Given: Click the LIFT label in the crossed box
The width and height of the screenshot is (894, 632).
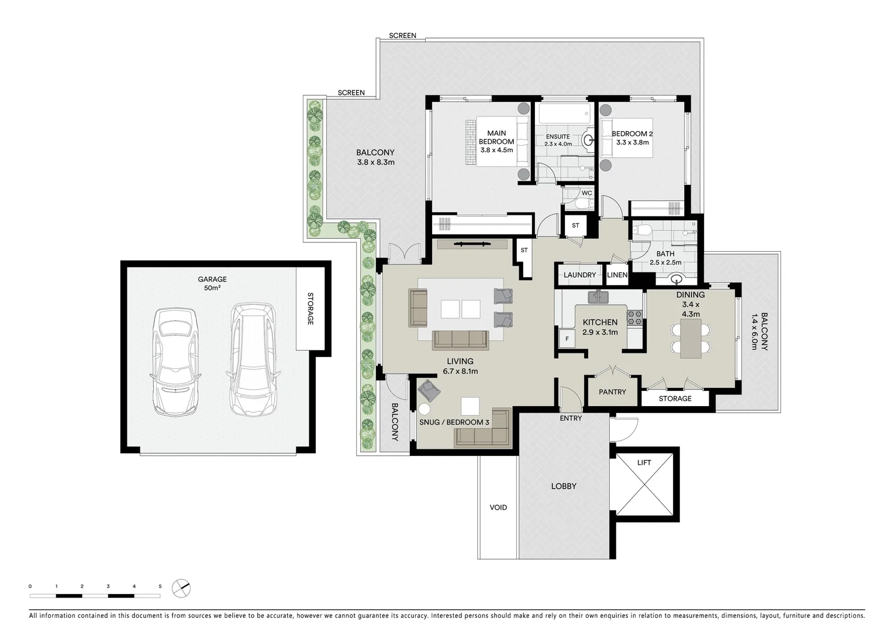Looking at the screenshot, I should point(644,462).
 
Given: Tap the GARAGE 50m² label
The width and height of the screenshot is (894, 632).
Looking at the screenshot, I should point(212,283).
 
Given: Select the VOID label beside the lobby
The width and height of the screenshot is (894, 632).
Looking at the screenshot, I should point(498,507).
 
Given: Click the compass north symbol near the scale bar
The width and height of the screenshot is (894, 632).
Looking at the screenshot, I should point(182,588).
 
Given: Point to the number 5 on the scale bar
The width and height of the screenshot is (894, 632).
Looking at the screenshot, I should point(160,586).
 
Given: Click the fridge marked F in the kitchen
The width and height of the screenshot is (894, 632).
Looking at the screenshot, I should point(567,339).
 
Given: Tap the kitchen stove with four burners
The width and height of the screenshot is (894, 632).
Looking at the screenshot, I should point(634,318).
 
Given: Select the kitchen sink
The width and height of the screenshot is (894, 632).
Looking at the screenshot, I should point(598,297).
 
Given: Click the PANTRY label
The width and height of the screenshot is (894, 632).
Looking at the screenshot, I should point(612,392).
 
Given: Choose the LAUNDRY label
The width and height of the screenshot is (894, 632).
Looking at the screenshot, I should point(579,275).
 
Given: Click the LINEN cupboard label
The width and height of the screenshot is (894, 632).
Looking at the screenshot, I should point(617,275).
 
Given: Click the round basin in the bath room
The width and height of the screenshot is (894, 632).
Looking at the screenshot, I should point(678,279).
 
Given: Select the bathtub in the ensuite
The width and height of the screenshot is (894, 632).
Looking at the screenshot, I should point(565,114).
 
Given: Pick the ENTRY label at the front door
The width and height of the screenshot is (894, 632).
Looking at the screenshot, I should point(571,418).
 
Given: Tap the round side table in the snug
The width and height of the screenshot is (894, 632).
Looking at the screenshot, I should point(424,410).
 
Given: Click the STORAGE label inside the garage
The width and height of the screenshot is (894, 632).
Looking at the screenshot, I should point(310,308).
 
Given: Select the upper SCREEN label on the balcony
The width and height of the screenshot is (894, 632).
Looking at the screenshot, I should point(402,36).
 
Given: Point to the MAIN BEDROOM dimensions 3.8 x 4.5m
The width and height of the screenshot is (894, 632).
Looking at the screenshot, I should point(496,150).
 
